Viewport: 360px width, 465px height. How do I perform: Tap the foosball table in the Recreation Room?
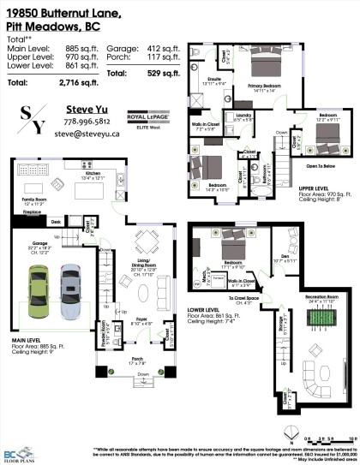click(x=305, y=313)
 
